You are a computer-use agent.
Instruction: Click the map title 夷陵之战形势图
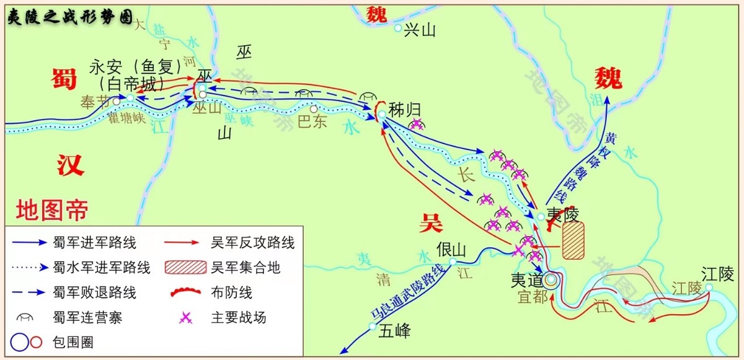click(69, 17)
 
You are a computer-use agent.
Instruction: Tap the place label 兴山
click(420, 30)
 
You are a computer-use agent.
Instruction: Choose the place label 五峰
click(394, 331)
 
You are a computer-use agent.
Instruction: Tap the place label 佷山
click(451, 249)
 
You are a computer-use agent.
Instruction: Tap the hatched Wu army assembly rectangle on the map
click(573, 240)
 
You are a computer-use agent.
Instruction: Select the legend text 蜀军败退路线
click(95, 292)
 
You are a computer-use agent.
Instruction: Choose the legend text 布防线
click(232, 292)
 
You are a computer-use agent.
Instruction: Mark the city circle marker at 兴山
click(397, 28)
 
